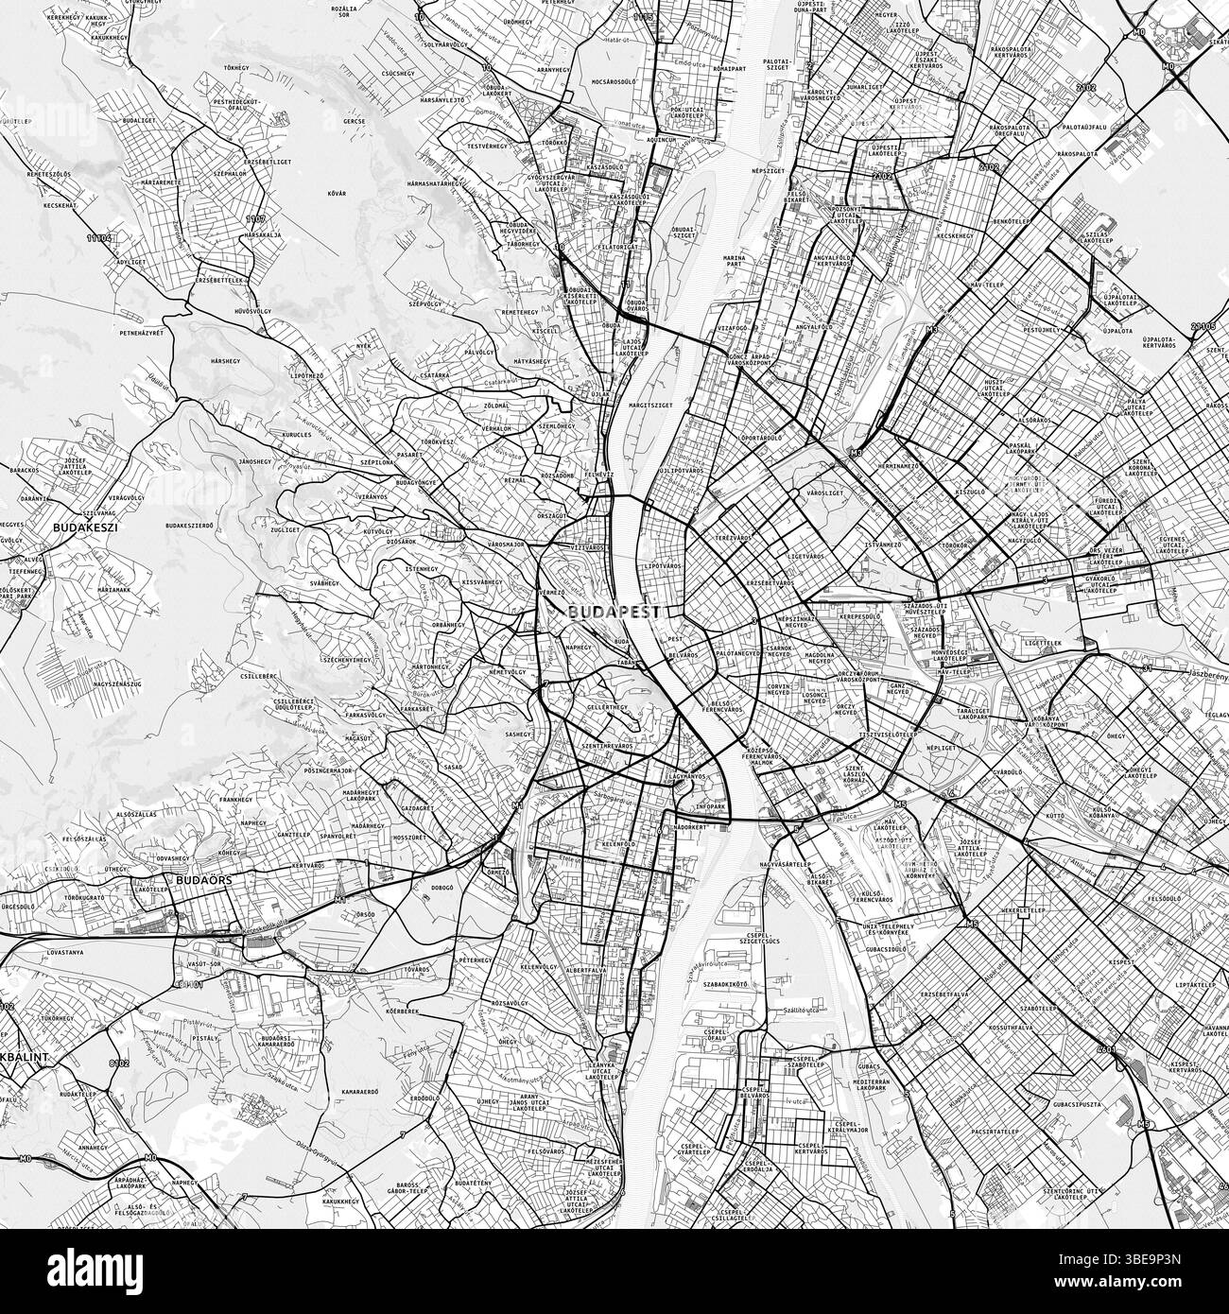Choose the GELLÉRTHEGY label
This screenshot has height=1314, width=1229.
coord(606,707)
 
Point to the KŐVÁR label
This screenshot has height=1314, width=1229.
coord(337,193)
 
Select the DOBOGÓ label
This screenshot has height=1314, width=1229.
coord(441,887)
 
